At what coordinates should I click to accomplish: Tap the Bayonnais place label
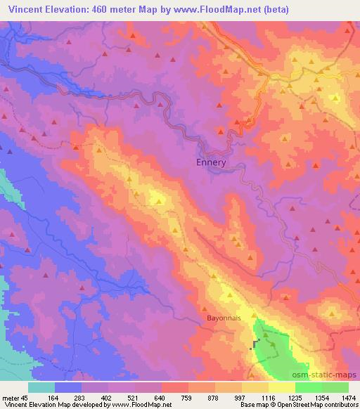[x=224, y=318]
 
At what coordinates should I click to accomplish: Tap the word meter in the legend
[x=9, y=398]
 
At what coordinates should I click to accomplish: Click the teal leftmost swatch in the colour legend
[x=41, y=387]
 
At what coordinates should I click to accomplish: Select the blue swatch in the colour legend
[x=68, y=387]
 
